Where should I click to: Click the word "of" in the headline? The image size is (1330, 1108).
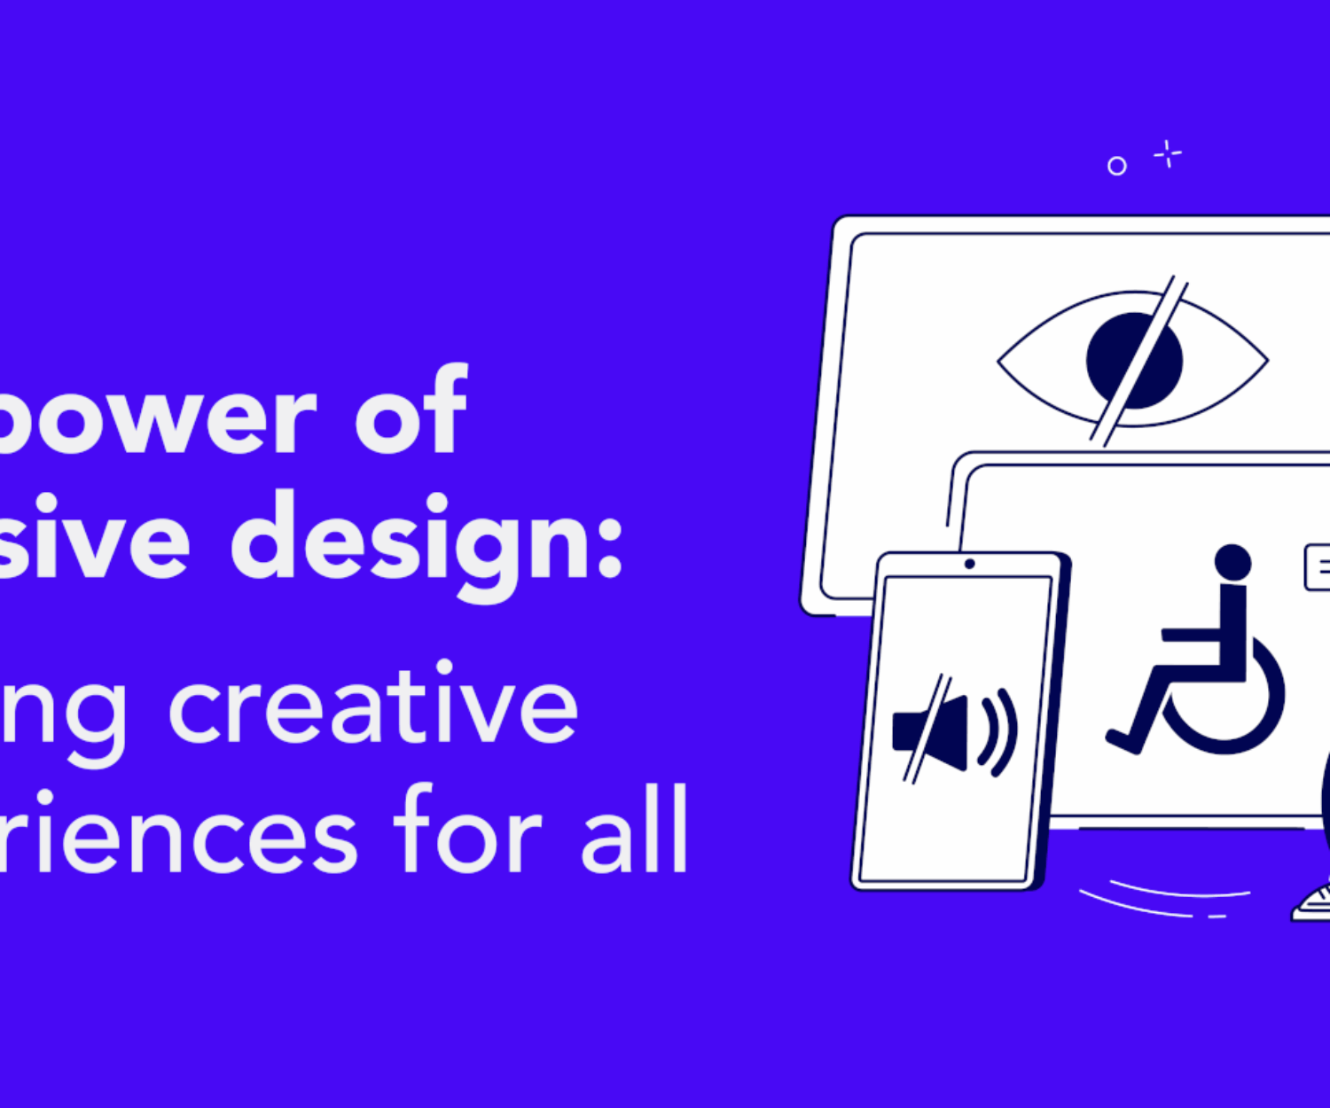411,412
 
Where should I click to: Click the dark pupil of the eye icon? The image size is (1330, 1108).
1119,359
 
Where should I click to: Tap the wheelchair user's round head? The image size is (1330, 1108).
1232,563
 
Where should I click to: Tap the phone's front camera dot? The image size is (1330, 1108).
969,564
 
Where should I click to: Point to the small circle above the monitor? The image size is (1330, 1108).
1117,166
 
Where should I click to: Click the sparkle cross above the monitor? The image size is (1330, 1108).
1168,154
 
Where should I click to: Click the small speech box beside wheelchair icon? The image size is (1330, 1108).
1318,568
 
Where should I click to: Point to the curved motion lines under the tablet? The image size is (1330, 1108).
1162,897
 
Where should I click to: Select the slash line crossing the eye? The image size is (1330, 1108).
1139,359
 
